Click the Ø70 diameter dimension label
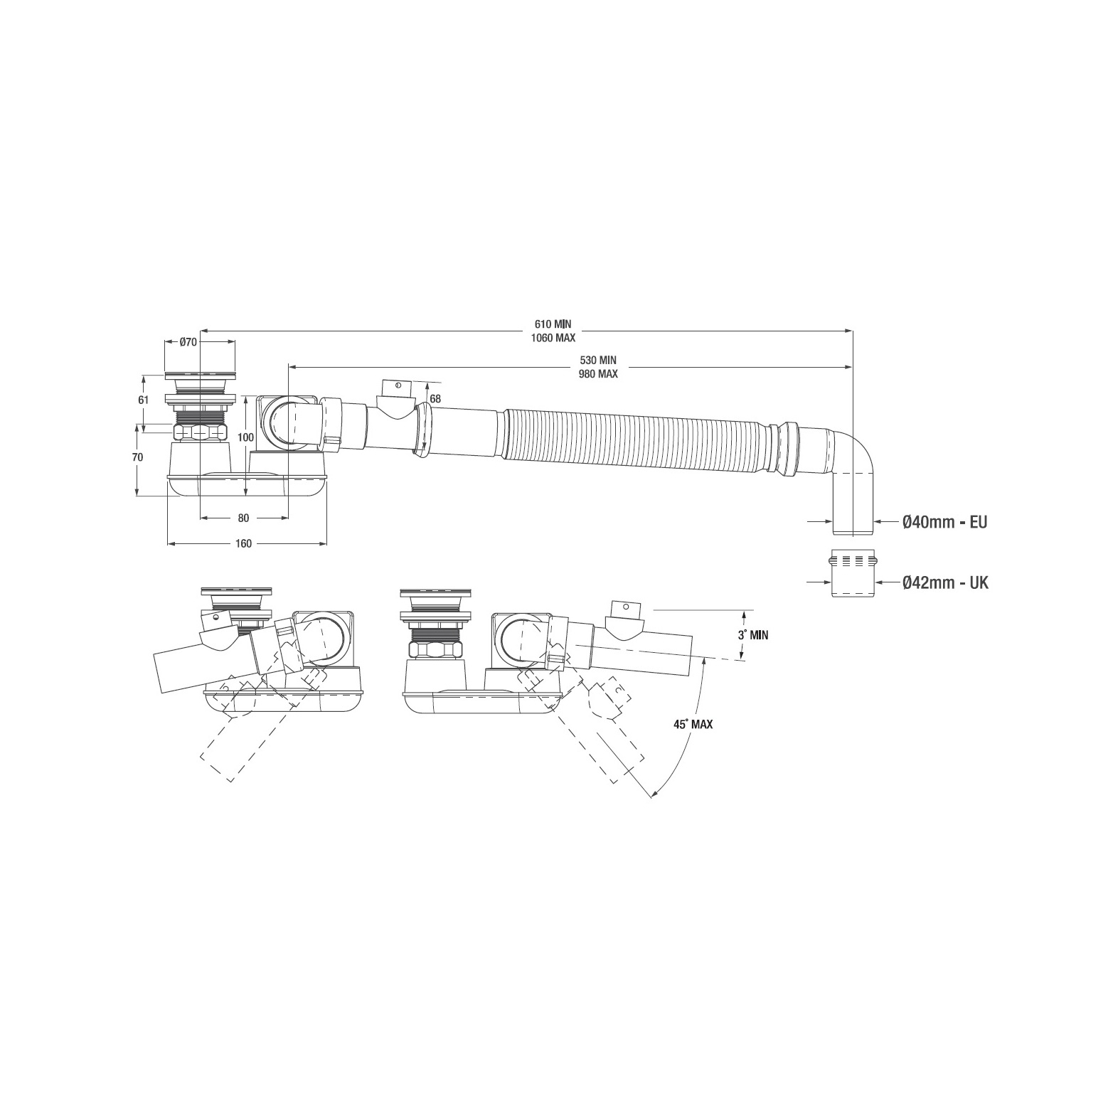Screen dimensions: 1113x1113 (188, 342)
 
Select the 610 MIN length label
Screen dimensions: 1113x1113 (553, 325)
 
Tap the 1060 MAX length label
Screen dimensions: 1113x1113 (553, 338)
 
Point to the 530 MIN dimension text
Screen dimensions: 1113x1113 (597, 361)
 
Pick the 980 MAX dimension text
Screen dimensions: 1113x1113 (597, 373)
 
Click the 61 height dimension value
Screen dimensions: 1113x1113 (144, 400)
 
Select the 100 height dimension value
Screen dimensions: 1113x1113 (245, 438)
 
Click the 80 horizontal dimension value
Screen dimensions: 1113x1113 (244, 518)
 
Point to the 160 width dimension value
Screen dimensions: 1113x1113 (243, 543)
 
